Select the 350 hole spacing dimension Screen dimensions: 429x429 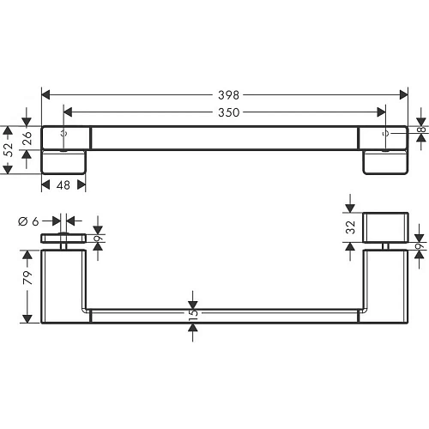tap(228, 112)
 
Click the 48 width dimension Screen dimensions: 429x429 tap(63, 184)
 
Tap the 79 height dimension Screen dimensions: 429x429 tap(27, 278)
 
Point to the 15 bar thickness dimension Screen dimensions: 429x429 tap(194, 314)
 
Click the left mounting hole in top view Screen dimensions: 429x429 tap(64, 133)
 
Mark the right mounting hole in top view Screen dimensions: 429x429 tap(384, 133)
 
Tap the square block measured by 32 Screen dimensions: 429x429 tap(387, 227)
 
